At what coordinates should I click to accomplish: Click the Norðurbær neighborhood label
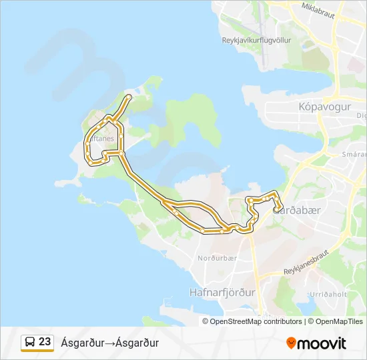(213, 257)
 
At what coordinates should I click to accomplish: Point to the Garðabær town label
(301, 210)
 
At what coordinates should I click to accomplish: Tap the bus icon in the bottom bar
(30, 343)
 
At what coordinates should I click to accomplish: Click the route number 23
(45, 342)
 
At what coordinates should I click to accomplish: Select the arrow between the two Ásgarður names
(109, 343)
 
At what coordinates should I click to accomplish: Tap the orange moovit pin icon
(291, 343)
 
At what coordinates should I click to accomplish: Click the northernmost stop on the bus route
(129, 97)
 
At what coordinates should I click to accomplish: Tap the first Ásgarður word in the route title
(82, 343)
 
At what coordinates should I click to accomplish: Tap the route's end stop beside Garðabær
(276, 210)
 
